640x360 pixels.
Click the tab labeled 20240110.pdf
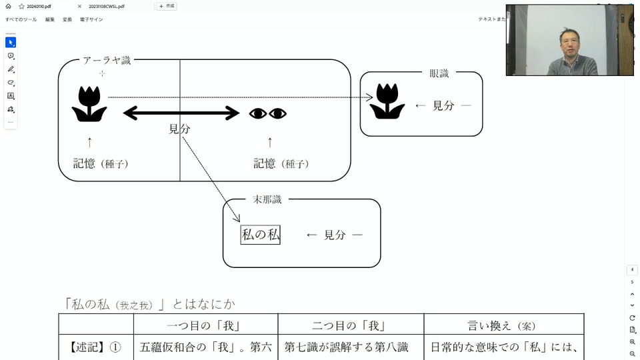pos(39,6)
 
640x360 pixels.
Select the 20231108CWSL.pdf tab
pos(107,6)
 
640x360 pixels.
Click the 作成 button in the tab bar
pos(167,6)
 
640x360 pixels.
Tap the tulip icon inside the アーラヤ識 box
pos(89,103)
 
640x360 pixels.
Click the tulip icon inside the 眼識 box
pos(387,101)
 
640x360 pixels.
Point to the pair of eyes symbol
pos(268,113)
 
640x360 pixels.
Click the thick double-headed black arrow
pos(181,113)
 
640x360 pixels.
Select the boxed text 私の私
pos(260,235)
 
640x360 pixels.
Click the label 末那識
pos(267,199)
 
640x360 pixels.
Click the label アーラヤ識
pos(107,61)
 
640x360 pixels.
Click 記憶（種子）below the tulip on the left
pos(101,163)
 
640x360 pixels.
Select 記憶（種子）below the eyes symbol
pos(281,163)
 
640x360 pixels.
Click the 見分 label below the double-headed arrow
pos(179,129)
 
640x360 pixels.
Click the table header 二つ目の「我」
pos(351,325)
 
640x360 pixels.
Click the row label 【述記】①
pos(96,347)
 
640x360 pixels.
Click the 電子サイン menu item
pos(91,19)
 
